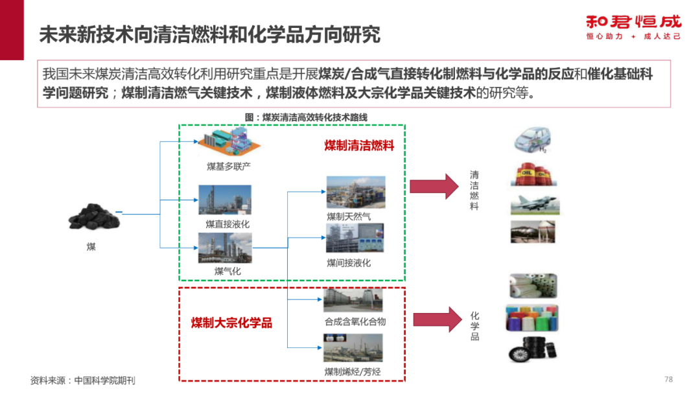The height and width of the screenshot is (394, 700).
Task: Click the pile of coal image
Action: click(93, 217)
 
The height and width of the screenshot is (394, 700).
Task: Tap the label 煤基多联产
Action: click(229, 167)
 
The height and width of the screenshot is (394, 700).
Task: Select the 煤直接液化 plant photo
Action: click(224, 200)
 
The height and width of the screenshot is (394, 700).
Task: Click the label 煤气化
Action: click(227, 271)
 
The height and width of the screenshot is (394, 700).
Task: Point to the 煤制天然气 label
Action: click(349, 216)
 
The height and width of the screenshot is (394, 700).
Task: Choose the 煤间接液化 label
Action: click(349, 262)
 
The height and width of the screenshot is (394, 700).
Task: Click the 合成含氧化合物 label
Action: click(355, 321)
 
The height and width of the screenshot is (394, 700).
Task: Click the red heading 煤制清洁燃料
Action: click(359, 146)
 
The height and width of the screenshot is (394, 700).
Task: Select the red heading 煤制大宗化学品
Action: click(231, 322)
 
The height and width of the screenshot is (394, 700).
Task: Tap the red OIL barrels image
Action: click(535, 174)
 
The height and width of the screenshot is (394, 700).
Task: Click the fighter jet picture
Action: click(535, 204)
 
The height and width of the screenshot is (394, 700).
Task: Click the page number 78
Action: click(669, 378)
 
